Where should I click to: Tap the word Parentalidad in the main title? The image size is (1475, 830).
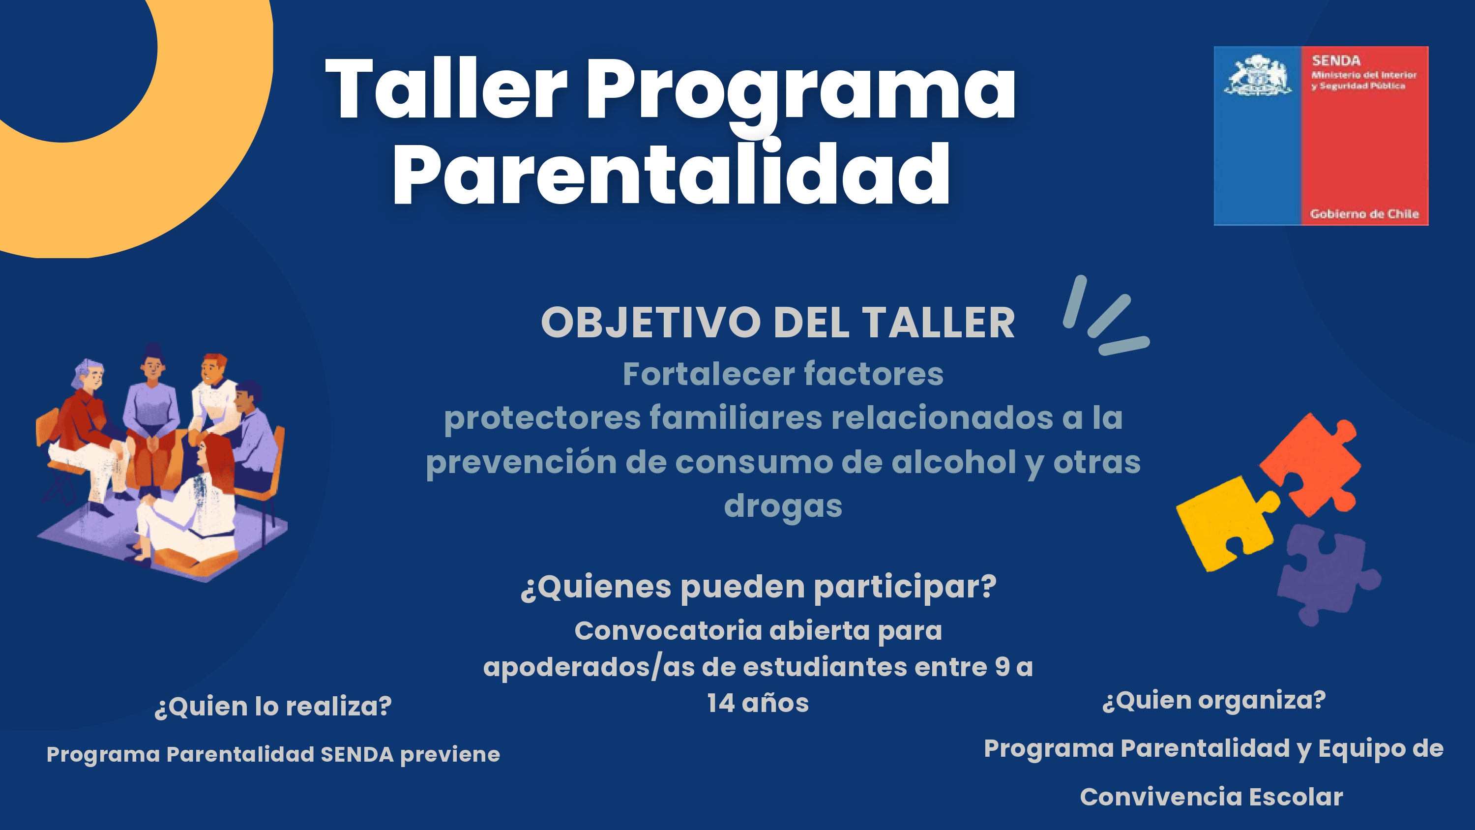[x=671, y=173]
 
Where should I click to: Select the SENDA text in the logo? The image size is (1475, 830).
[x=1336, y=60]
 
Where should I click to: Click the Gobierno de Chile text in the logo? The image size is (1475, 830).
[x=1364, y=214]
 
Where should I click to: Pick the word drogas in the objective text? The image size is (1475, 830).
[x=783, y=506]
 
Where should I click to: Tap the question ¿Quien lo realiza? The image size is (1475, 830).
[x=272, y=706]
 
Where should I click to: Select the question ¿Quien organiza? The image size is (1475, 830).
[x=1214, y=701]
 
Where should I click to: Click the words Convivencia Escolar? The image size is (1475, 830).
[x=1211, y=797]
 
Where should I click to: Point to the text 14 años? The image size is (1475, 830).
[x=758, y=703]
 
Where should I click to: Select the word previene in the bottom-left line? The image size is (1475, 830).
[x=450, y=754]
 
